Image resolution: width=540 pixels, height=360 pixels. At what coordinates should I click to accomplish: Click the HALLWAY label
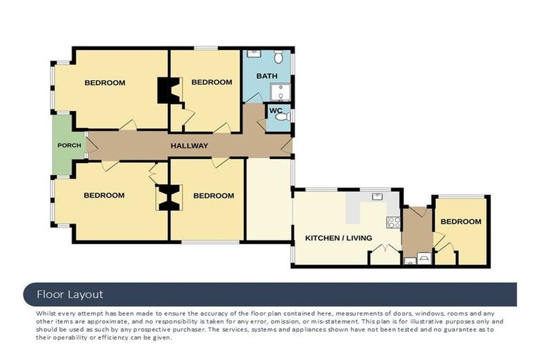189,146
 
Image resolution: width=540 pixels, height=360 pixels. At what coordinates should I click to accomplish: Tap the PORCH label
69,146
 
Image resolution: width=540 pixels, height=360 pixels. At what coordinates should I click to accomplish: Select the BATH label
266,76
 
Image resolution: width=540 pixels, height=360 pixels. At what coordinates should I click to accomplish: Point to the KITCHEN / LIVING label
338,238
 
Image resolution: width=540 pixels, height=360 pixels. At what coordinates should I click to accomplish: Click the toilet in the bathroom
278,56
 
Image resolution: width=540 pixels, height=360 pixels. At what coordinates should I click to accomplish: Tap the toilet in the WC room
282,117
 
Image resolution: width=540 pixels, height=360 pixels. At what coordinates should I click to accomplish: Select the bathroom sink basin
254,53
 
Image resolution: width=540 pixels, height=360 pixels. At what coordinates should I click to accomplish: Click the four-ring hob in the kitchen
393,224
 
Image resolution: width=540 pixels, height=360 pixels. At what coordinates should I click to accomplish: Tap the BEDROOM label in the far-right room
461,221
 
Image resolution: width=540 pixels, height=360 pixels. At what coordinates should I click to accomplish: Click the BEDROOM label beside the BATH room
212,82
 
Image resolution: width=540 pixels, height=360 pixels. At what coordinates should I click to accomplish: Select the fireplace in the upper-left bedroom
167,90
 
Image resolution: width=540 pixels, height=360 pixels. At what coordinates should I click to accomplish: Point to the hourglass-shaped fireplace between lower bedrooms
168,198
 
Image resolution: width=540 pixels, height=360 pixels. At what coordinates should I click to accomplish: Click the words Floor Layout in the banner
70,295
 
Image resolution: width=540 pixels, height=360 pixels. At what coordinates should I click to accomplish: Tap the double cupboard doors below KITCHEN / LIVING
385,252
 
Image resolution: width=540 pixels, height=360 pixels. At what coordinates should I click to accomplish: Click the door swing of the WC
262,124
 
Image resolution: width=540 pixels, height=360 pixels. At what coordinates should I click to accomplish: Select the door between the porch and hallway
86,144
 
